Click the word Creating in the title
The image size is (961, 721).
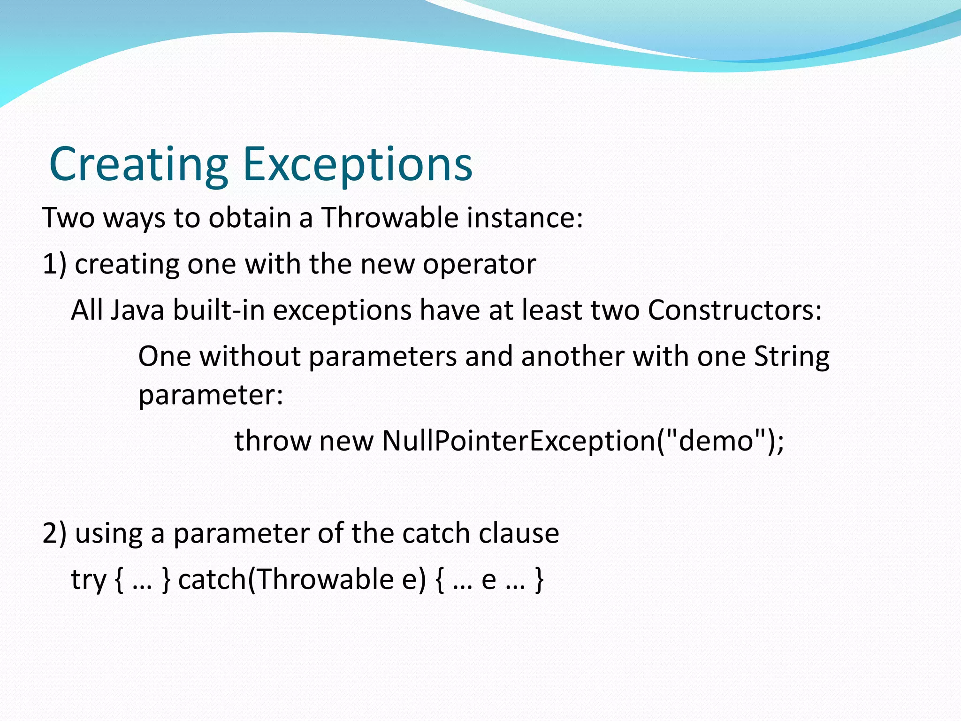coord(138,164)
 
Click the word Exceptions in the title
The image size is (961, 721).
coord(358,164)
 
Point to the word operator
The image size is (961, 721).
coord(479,265)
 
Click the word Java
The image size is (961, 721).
coord(137,310)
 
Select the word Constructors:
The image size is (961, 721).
coord(735,310)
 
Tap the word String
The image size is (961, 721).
coord(792,357)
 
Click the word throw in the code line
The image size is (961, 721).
coord(273,441)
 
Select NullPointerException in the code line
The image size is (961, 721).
coord(519,441)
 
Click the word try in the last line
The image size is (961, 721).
coord(89,580)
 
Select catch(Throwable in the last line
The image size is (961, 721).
coord(286,580)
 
